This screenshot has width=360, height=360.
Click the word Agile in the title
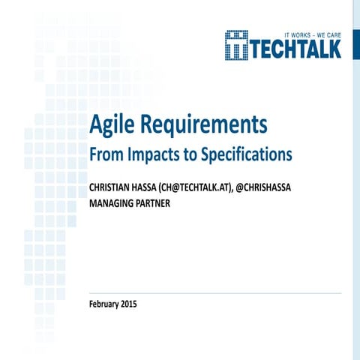pos(110,125)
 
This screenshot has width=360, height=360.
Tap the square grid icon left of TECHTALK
pos(237,44)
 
